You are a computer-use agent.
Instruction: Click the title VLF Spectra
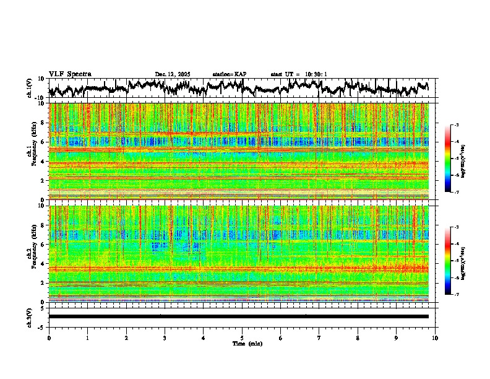[70, 74]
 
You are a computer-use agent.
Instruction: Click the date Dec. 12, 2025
[173, 74]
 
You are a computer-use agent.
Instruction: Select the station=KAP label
[229, 74]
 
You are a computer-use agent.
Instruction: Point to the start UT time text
[299, 74]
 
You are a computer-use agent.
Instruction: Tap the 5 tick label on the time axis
[242, 338]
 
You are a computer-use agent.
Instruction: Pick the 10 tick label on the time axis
[435, 338]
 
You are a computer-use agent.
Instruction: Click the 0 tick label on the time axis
[49, 338]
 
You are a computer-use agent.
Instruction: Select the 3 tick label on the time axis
[165, 338]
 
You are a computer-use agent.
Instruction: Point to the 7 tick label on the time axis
[319, 338]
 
